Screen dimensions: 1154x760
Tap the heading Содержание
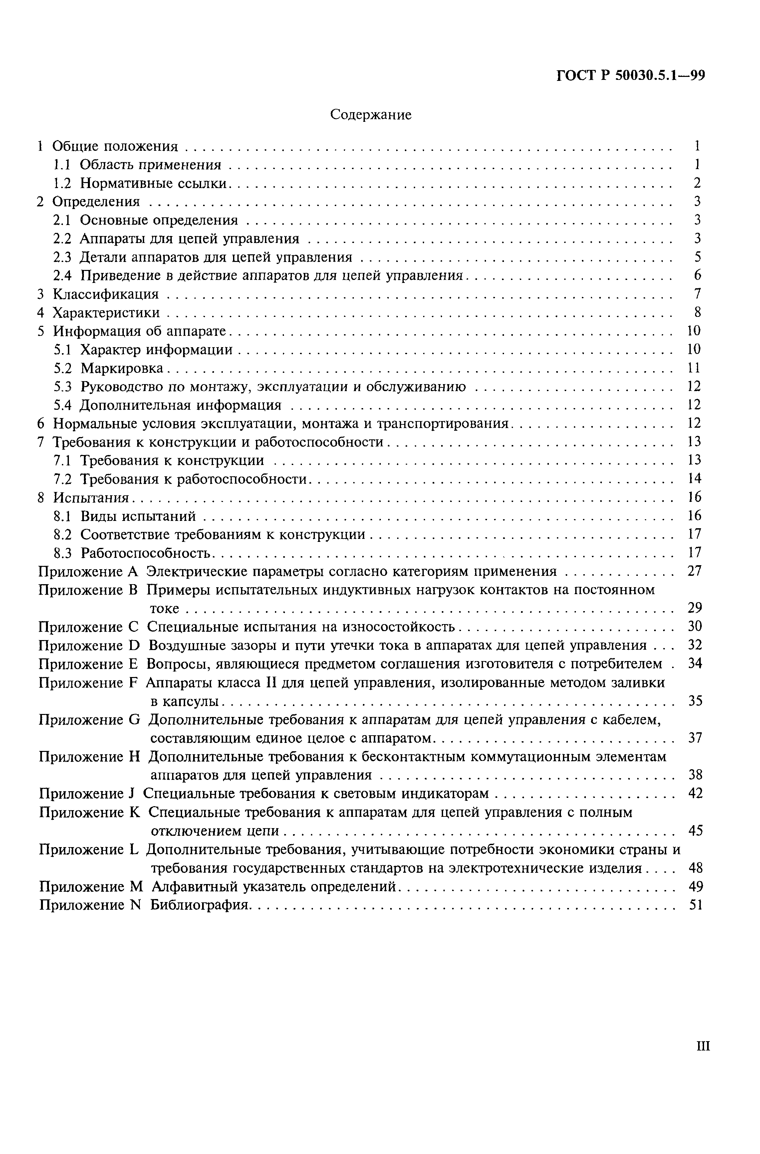click(371, 115)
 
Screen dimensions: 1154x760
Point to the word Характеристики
click(106, 312)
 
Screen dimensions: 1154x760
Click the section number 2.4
click(62, 275)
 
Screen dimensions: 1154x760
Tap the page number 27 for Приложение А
click(694, 571)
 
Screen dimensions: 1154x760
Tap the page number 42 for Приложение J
click(695, 794)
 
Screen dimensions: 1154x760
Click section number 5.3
click(62, 386)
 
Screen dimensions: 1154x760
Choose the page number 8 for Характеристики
click(697, 312)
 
